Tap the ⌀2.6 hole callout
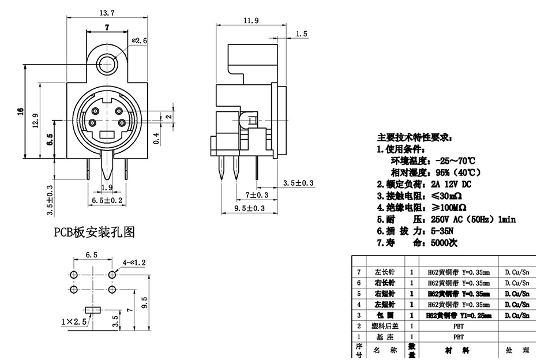point(140,41)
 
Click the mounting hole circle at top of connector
point(107,63)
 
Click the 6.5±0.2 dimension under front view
point(107,200)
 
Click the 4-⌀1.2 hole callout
point(134,262)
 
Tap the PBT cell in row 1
point(458,336)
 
